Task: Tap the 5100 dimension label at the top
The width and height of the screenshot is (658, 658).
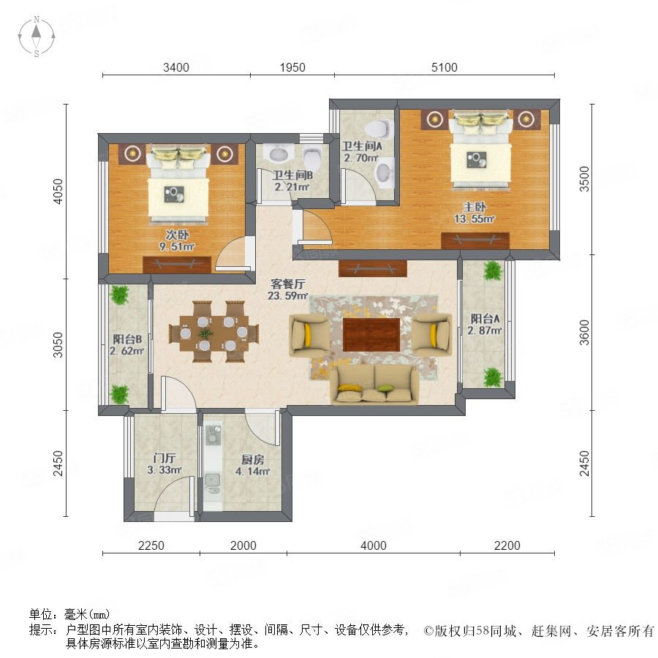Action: [444, 67]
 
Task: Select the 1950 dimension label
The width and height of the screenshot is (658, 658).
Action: [292, 67]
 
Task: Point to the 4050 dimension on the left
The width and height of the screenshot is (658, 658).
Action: [58, 192]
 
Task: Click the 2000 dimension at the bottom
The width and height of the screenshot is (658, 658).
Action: [243, 545]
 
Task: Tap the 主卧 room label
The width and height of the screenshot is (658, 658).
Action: [474, 207]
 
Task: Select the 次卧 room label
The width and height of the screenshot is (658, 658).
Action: [177, 235]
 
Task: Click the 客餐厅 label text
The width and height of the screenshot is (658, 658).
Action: [288, 284]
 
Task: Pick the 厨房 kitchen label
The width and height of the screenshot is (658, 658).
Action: [252, 460]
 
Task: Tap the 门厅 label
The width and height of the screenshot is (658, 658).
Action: [164, 458]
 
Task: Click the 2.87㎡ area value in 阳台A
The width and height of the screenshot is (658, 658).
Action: [485, 330]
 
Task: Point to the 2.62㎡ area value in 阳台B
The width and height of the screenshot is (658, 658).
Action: [126, 351]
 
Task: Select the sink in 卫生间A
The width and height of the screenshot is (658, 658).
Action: [384, 173]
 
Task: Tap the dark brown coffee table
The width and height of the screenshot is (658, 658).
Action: [371, 334]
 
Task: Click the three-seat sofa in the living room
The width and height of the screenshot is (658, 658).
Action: [374, 385]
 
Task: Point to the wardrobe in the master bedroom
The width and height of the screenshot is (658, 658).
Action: [475, 241]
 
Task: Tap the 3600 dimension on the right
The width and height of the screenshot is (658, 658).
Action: [584, 333]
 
